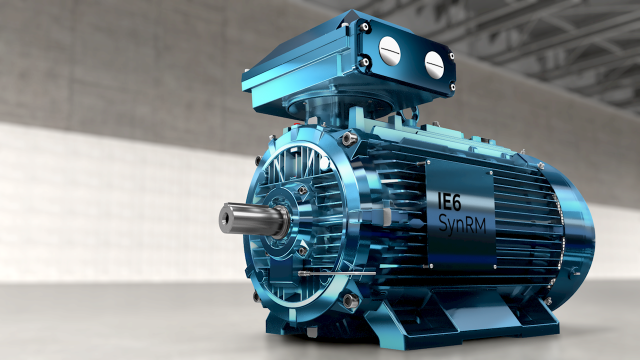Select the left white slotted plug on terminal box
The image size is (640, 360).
pos(389,50)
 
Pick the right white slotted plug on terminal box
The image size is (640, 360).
pos(433,64)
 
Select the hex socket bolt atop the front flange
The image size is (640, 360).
pos(348,138)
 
